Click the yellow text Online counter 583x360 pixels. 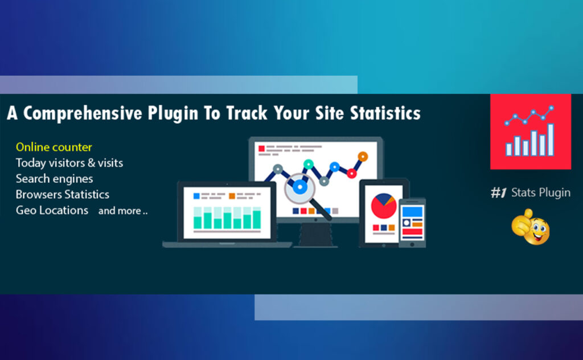[54, 148]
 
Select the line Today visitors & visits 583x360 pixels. [69, 163]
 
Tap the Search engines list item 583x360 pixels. [54, 179]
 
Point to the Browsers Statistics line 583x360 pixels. [62, 194]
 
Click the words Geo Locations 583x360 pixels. [52, 210]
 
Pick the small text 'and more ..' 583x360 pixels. [122, 211]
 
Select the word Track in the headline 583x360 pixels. [249, 113]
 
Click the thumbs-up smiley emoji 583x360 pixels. [530, 227]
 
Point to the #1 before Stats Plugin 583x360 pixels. [499, 193]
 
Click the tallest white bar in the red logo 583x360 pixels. [550, 139]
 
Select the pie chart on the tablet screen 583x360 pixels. [384, 206]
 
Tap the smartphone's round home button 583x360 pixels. [412, 242]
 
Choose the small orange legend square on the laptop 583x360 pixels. [232, 196]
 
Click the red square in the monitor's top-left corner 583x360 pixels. [262, 149]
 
